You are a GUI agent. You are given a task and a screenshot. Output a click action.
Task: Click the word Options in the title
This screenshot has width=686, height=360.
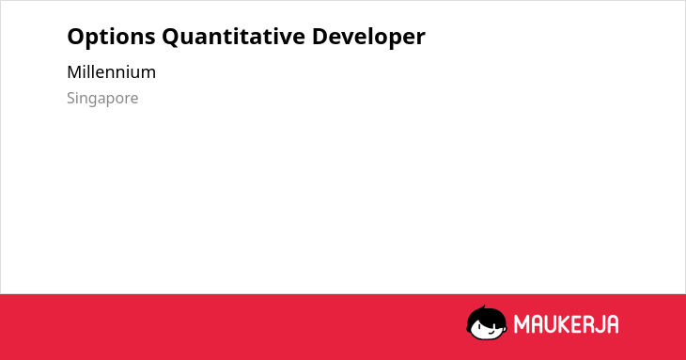point(111,37)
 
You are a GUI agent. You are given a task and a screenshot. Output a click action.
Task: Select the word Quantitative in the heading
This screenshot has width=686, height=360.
point(234,37)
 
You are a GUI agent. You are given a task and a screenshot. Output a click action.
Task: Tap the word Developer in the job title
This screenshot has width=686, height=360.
point(368,37)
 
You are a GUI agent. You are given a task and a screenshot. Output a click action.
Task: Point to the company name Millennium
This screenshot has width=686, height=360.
point(111,72)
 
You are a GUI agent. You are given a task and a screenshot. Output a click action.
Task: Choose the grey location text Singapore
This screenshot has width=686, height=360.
point(102,99)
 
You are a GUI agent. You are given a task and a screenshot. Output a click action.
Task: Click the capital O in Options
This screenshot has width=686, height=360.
point(75,37)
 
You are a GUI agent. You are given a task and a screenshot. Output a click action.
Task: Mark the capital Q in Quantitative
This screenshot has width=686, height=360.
point(170,38)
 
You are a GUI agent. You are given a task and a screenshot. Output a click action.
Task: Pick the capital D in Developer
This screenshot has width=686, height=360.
point(320,37)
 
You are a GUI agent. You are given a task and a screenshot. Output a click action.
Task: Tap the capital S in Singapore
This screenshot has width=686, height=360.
point(71,98)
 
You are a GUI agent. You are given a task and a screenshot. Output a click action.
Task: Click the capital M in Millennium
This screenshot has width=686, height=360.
point(74,72)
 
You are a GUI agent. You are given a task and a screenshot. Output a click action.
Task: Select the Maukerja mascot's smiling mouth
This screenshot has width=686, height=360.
point(491,332)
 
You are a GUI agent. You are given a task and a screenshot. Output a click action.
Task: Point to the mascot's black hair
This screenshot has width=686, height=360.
point(486,317)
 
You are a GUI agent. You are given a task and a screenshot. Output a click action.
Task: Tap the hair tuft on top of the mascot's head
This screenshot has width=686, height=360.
point(483,307)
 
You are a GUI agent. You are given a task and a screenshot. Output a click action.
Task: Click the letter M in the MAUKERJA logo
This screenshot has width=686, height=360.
point(522,324)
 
